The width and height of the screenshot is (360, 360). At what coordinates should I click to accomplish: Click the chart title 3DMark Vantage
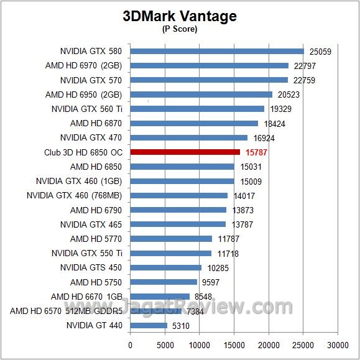coord(180,16)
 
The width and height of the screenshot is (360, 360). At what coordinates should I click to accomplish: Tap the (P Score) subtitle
coord(179,29)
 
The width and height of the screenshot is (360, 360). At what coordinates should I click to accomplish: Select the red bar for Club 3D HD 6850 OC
coord(185,152)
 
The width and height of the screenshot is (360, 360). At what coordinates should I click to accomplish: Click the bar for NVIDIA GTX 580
coord(216,51)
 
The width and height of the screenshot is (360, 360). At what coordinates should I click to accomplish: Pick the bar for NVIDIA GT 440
coord(149,325)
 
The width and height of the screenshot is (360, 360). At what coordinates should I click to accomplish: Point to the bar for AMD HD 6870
coord(194,123)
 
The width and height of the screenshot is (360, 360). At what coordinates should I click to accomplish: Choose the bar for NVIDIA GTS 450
coord(165,267)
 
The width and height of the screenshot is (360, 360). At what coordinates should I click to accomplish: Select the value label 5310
coord(180,325)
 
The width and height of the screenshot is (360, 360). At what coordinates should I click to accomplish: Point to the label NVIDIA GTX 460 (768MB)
coord(75,195)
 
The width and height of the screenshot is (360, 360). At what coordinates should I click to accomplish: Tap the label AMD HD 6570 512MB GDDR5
coord(66,311)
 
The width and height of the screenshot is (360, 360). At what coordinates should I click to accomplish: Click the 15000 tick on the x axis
coord(234,344)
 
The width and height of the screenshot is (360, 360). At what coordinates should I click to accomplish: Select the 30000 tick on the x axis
coord(338,344)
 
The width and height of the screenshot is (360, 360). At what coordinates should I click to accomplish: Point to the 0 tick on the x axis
coord(130,344)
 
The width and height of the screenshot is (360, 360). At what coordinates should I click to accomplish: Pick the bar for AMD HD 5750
coord(163,282)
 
